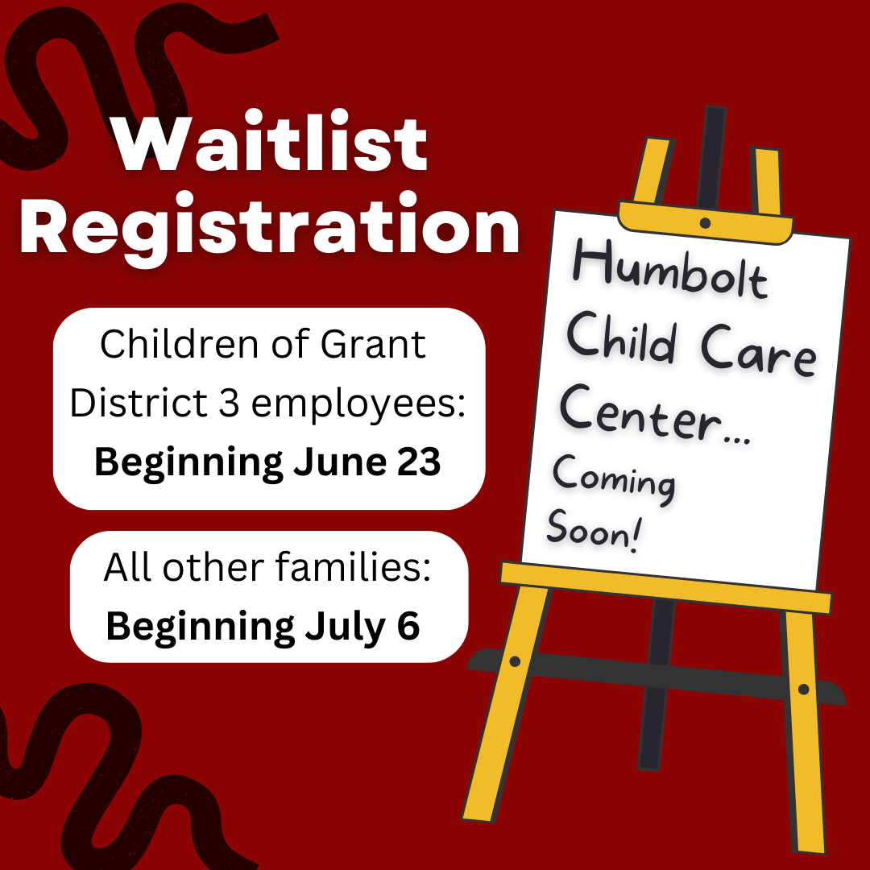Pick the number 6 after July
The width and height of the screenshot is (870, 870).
coord(408,625)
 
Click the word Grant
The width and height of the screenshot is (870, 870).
coord(373,344)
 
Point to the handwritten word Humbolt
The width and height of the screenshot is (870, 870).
coord(670,270)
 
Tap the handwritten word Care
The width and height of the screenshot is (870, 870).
coord(759,353)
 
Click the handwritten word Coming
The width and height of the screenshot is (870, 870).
coord(614,478)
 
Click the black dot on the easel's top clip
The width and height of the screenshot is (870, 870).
coord(705,223)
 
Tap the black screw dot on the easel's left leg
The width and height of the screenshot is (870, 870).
coord(515,661)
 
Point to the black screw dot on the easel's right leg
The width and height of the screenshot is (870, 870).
coord(803,689)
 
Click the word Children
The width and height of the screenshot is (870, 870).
coord(180,344)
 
